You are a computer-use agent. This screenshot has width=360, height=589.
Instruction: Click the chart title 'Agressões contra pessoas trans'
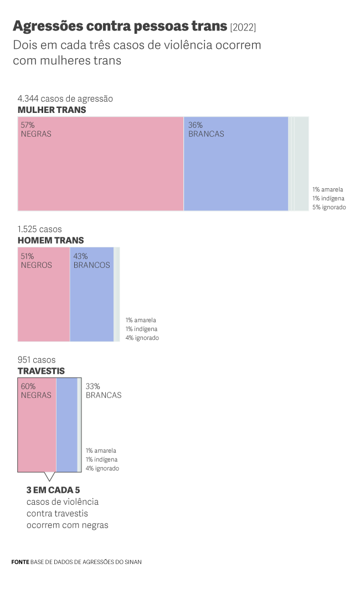pos(120,26)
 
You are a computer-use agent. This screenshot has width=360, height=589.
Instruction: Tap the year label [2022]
pos(243,27)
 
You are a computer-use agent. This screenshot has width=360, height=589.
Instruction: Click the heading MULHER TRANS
pos(52,110)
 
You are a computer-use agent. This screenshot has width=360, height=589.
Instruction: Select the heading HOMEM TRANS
pos(51,240)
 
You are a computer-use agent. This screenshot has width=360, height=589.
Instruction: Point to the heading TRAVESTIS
pos(41,371)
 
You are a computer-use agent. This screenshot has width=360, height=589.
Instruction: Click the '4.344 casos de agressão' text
pos(65,99)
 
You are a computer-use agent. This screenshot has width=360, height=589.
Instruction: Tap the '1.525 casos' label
pos(40,229)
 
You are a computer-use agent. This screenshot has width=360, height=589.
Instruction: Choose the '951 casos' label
pos(37,360)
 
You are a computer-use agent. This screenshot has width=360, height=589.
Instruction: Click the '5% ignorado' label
pos(329,206)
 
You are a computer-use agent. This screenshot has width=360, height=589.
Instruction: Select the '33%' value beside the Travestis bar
pos(92,386)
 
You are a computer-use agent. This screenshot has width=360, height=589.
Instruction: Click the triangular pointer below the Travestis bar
pos(49,476)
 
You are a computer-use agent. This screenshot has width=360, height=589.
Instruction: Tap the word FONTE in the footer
pos(19,562)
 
